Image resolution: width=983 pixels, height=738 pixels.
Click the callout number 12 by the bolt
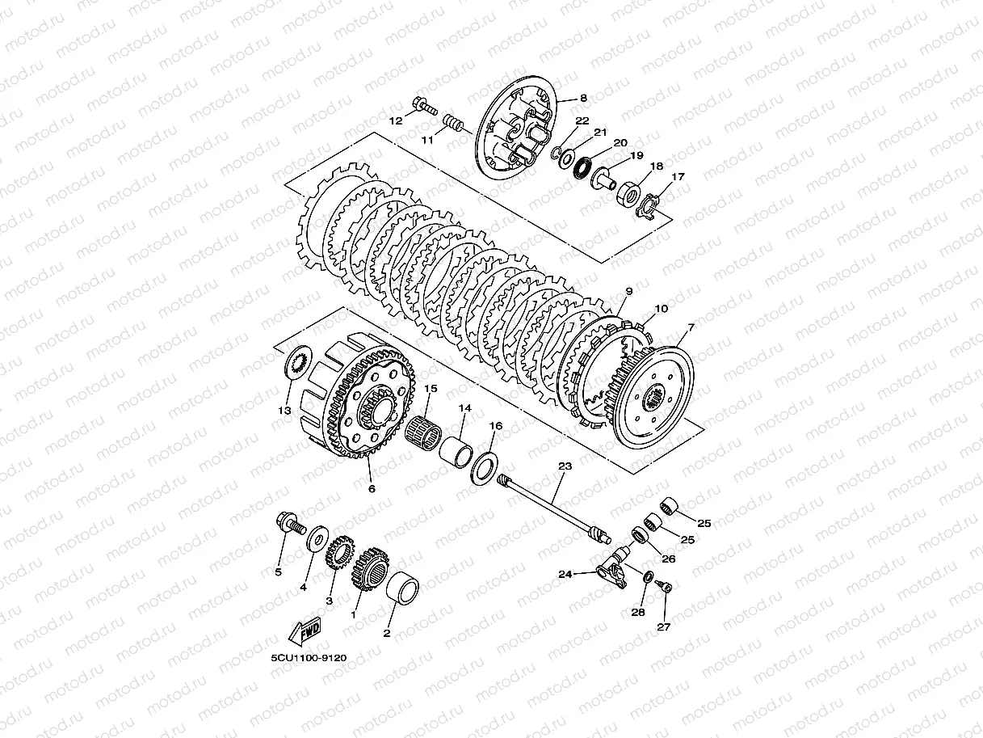(x=396, y=121)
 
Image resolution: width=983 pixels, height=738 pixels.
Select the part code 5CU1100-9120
(x=309, y=658)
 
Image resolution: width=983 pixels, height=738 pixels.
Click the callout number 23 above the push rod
(x=565, y=466)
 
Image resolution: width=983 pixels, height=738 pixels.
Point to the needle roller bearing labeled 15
(x=422, y=432)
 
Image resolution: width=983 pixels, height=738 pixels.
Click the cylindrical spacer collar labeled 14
(x=456, y=452)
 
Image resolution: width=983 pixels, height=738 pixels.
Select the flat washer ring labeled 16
(x=483, y=469)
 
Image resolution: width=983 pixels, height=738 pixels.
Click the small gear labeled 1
(x=372, y=569)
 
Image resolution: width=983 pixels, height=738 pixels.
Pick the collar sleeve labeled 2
(x=402, y=588)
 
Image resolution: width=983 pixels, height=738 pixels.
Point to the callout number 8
(x=583, y=98)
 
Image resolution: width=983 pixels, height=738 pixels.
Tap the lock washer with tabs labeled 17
(x=647, y=206)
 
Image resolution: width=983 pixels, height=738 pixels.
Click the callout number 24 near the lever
(x=565, y=574)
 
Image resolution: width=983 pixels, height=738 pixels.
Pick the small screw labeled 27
(x=664, y=586)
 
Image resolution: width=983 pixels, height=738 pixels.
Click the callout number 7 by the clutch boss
(x=691, y=328)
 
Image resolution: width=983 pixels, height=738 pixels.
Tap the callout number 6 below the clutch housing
(x=372, y=488)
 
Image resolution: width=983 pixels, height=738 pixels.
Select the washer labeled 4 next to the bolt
(x=317, y=539)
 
